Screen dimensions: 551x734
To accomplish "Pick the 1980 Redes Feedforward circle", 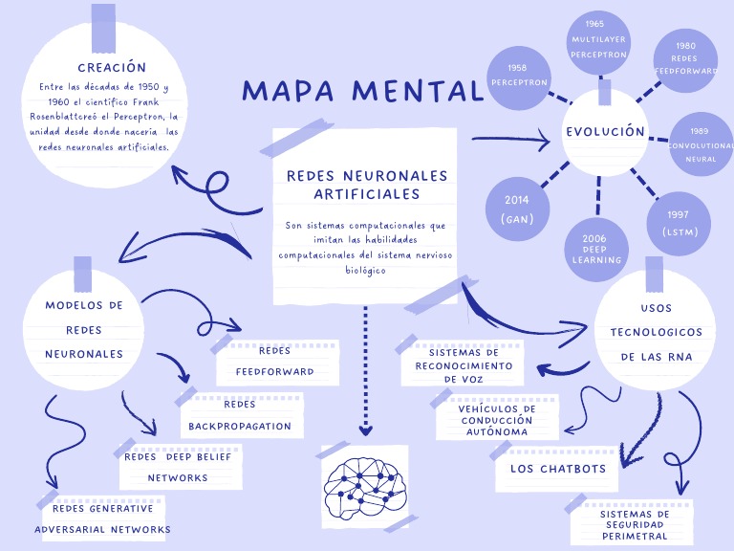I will (684, 58).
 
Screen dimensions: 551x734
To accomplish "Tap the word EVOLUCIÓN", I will (605, 132).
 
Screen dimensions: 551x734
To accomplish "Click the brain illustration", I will (364, 486).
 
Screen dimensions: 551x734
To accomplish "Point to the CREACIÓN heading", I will (112, 68).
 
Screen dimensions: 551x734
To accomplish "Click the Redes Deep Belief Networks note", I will (178, 467).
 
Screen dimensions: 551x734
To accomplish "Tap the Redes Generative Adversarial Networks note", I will (102, 518).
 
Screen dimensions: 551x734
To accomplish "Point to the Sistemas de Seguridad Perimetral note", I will (634, 524).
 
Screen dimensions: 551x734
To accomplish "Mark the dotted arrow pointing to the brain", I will (364, 368).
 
